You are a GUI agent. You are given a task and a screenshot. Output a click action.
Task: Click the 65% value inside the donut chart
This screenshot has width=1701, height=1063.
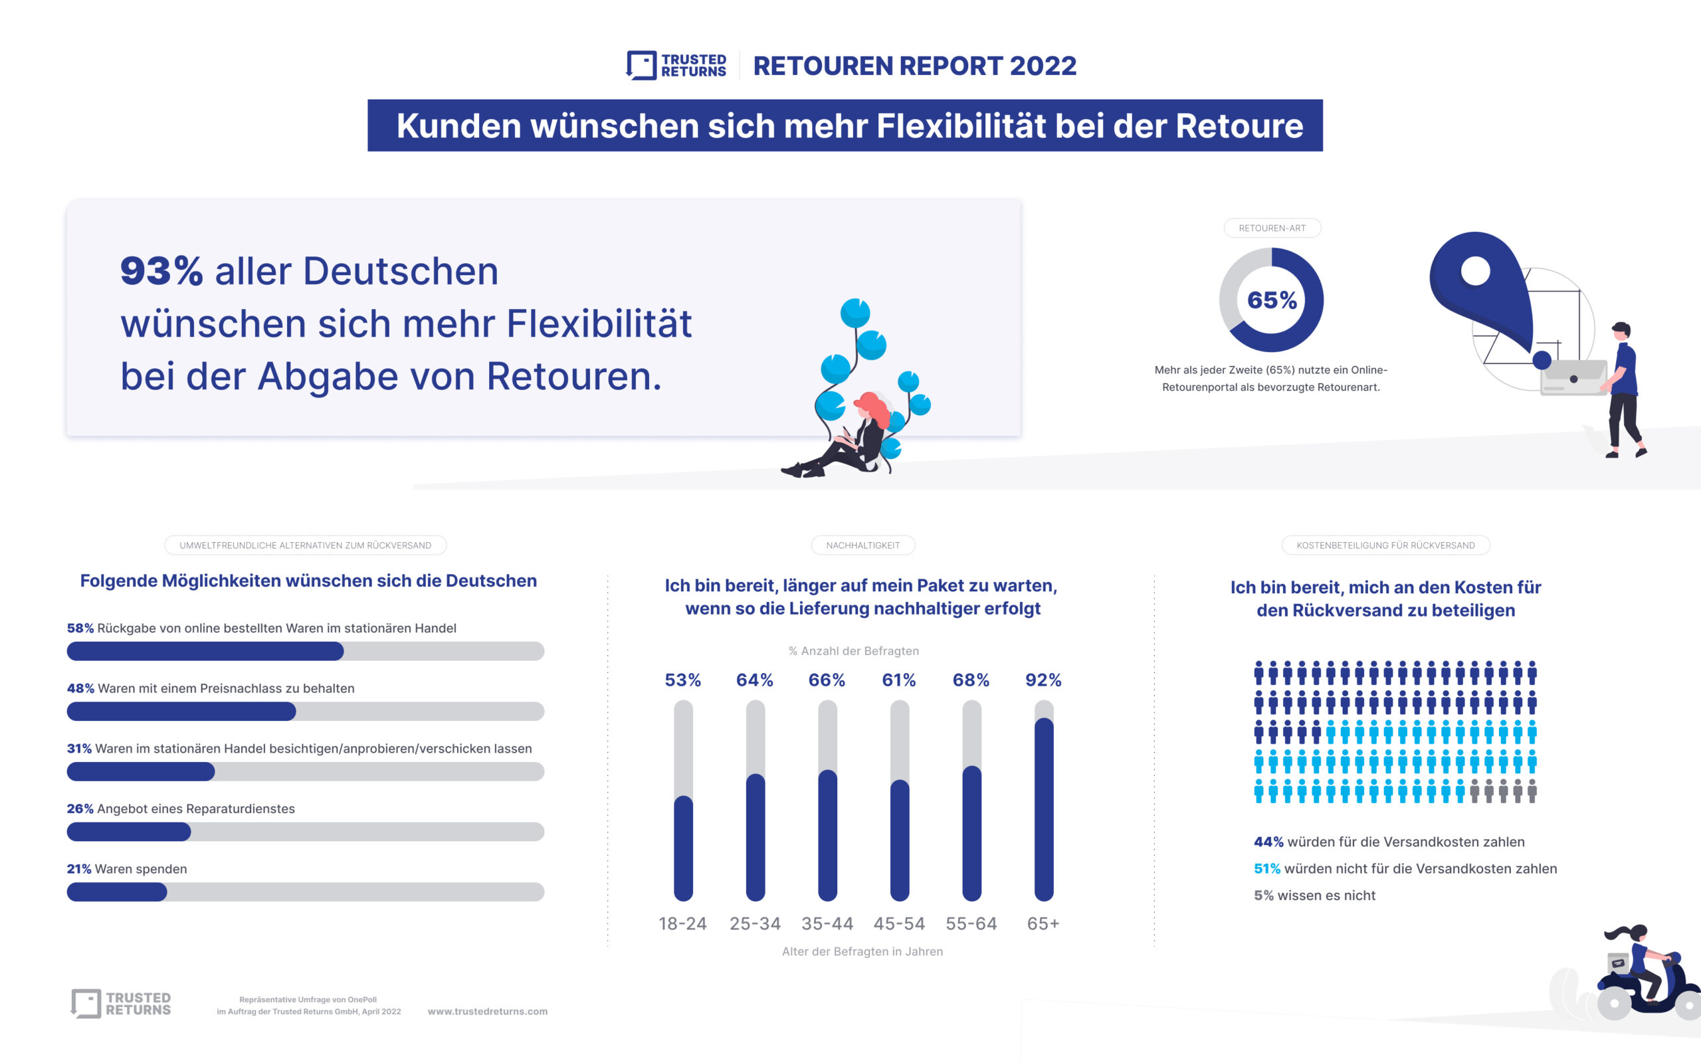pyautogui.click(x=1272, y=300)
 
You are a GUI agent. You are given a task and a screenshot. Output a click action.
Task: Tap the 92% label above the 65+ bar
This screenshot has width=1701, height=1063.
pyautogui.click(x=1043, y=680)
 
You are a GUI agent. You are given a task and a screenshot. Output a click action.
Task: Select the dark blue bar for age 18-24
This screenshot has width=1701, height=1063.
pyautogui.click(x=682, y=847)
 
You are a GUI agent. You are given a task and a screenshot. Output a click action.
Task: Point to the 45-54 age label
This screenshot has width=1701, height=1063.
pyautogui.click(x=899, y=923)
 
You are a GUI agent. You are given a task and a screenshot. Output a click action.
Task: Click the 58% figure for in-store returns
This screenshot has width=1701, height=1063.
pyautogui.click(x=80, y=628)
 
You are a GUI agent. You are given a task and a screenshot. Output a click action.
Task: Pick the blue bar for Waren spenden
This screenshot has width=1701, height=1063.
pyautogui.click(x=117, y=892)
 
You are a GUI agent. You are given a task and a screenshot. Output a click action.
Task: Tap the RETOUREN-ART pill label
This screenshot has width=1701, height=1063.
pyautogui.click(x=1272, y=228)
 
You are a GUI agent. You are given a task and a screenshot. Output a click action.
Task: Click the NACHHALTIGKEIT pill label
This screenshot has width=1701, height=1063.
pyautogui.click(x=862, y=545)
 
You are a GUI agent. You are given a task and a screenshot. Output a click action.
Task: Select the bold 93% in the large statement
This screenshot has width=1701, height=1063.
pyautogui.click(x=161, y=270)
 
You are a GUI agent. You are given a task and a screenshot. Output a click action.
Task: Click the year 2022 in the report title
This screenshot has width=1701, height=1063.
pyautogui.click(x=1043, y=66)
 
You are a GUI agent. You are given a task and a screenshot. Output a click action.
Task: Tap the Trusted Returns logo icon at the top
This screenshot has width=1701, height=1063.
pyautogui.click(x=641, y=65)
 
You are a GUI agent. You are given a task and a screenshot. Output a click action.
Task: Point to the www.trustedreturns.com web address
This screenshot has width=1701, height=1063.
pyautogui.click(x=487, y=1011)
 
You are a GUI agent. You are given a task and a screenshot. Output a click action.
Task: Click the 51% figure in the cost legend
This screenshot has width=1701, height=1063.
pyautogui.click(x=1266, y=868)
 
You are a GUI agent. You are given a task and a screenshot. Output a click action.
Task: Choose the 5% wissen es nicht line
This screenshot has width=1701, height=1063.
pyautogui.click(x=1314, y=895)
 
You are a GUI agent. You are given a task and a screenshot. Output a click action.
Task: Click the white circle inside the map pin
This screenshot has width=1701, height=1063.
pyautogui.click(x=1474, y=270)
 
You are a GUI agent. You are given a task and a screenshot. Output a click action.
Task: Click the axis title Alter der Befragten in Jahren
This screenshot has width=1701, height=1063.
pyautogui.click(x=862, y=951)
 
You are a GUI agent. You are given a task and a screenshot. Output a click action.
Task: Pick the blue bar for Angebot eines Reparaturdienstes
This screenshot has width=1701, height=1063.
pyautogui.click(x=129, y=832)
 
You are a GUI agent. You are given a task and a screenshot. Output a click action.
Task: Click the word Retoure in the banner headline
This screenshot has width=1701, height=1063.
pyautogui.click(x=1239, y=126)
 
